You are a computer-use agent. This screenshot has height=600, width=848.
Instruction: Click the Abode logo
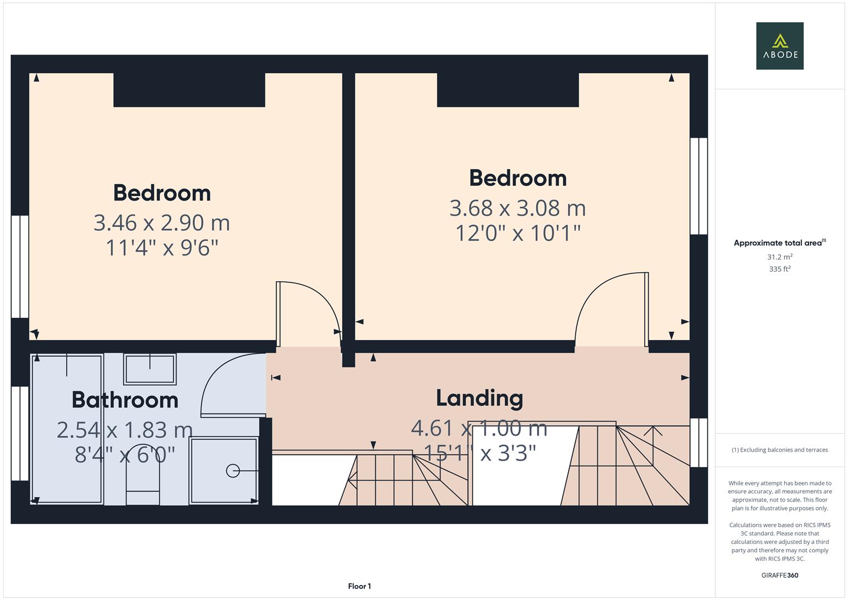tap(779, 46)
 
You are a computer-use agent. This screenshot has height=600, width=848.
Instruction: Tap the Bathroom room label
tap(125, 400)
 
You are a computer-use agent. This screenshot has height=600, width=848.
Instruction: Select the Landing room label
tap(479, 398)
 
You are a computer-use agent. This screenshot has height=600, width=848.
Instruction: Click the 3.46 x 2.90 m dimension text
tap(162, 223)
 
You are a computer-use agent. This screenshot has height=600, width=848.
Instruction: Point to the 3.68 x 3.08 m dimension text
tap(518, 208)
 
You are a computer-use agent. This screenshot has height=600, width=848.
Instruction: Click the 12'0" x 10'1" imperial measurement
tap(518, 233)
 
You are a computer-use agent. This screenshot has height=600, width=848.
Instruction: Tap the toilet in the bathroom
tap(143, 481)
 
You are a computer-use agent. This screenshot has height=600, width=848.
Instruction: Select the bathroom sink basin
tap(149, 369)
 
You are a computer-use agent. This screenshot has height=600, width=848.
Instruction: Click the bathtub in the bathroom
tap(67, 429)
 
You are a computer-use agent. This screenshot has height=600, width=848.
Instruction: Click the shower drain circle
tap(232, 471)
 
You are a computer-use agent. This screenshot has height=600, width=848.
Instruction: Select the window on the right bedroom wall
tap(698, 186)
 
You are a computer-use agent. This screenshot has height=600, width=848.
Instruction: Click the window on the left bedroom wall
tap(20, 267)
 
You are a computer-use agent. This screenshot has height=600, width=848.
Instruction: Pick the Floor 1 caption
tap(359, 586)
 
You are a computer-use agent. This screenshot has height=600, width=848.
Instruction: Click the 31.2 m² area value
tap(780, 257)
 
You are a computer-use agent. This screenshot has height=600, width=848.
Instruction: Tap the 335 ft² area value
tap(780, 269)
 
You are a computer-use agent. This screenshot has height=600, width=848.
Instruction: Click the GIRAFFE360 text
tap(780, 575)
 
